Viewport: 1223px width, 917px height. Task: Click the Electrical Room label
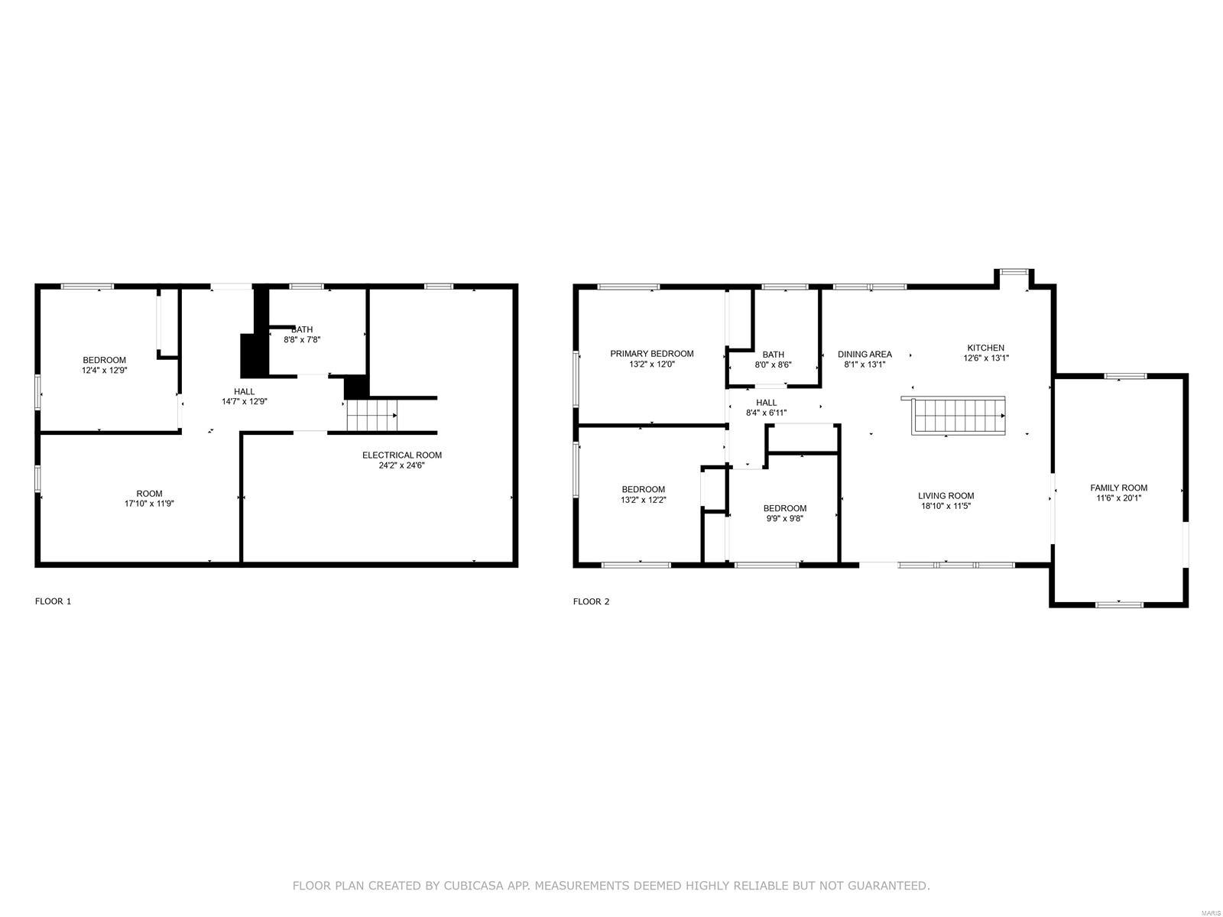tap(402, 455)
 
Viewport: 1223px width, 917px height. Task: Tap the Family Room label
tap(1118, 488)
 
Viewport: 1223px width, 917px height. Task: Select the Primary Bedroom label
tap(651, 354)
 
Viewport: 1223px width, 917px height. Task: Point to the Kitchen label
tap(985, 348)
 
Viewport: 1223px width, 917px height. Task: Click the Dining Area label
tap(865, 354)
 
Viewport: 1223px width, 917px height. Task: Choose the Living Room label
tap(946, 496)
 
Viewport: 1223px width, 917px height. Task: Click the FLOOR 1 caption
tap(53, 601)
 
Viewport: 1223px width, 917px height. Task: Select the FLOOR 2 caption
tap(591, 601)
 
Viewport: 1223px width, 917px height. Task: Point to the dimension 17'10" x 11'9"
tap(149, 504)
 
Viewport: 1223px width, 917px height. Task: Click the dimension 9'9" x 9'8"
tap(784, 518)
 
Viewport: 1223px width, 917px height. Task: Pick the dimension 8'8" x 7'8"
tap(302, 339)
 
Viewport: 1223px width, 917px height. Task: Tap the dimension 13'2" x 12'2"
tap(644, 500)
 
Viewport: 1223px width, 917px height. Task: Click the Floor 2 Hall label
tap(766, 403)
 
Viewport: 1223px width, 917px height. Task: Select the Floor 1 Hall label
tap(244, 391)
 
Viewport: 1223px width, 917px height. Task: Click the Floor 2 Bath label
tap(774, 355)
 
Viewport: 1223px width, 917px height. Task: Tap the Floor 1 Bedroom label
tap(104, 360)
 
